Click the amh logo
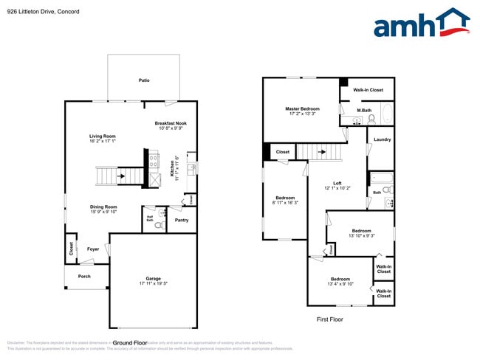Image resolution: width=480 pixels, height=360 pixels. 421,24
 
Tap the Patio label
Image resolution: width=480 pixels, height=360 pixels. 144,80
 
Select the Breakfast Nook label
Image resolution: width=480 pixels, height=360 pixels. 171,123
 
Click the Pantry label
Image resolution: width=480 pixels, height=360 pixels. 181,220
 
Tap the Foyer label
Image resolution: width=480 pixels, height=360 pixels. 93,249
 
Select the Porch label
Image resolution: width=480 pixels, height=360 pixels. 84,277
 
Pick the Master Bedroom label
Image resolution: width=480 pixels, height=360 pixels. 304,108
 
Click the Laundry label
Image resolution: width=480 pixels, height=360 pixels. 383,139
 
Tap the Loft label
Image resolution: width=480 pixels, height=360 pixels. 337,183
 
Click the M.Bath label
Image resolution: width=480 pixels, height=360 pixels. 363,111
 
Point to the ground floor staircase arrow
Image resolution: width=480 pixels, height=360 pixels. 121,175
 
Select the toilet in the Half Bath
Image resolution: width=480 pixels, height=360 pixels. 157,225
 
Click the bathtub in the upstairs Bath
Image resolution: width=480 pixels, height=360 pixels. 383,178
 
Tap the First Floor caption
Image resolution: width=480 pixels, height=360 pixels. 330,319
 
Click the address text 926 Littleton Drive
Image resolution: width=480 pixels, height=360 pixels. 30,12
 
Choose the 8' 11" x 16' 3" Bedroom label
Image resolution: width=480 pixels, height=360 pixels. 285,198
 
